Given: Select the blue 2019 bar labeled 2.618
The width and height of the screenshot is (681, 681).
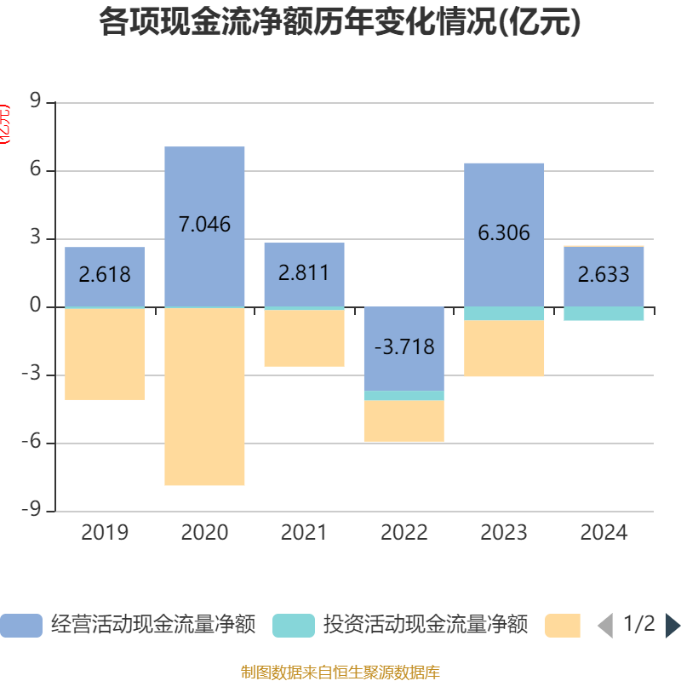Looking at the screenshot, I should [x=105, y=255].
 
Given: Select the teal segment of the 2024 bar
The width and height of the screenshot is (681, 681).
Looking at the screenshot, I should [x=604, y=313].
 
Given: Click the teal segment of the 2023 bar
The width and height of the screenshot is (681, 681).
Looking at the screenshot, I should [x=504, y=313].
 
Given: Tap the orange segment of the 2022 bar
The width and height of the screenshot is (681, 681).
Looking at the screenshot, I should [x=404, y=421].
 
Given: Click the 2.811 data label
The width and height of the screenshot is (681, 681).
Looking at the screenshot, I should [x=304, y=273].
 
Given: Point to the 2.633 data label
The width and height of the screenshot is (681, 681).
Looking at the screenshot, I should [x=604, y=274].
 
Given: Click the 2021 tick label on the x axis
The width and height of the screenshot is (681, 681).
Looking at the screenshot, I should [x=304, y=533].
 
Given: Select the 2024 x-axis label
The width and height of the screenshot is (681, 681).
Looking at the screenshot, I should [x=604, y=533].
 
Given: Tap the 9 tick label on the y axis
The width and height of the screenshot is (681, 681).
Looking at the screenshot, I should [x=36, y=102].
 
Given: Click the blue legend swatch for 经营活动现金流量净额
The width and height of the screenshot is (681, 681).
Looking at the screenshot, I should [x=21, y=626].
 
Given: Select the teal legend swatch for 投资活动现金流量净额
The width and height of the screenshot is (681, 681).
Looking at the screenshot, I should [x=294, y=626].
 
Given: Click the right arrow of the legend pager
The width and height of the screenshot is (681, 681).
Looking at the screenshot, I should [x=672, y=626].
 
